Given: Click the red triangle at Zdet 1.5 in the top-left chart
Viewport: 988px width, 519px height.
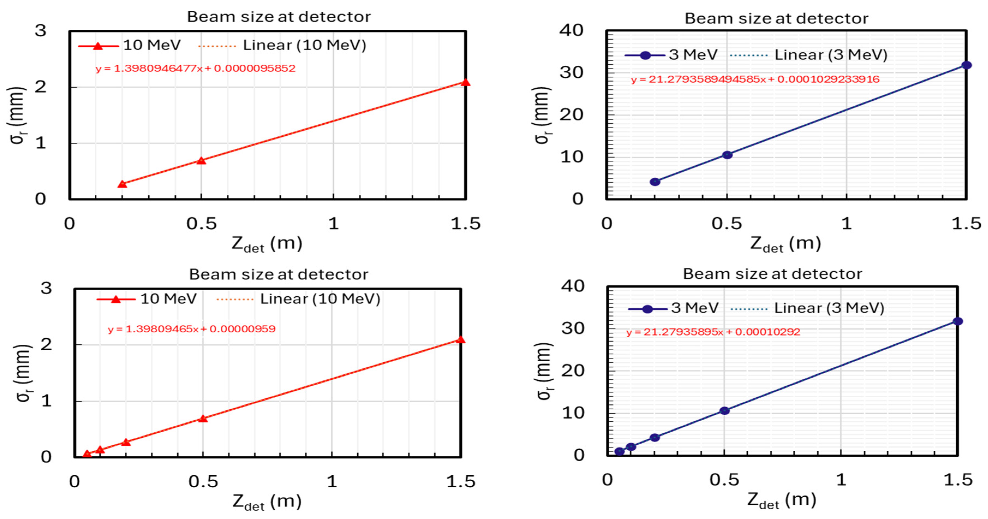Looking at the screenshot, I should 465,82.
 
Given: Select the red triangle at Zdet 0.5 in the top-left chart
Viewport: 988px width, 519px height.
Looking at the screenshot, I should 201,160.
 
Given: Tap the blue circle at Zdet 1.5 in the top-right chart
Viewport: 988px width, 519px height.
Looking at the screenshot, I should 966,65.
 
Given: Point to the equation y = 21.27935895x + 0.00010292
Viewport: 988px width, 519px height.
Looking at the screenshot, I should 713,332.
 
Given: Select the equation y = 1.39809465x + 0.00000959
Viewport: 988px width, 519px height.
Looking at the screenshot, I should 191,329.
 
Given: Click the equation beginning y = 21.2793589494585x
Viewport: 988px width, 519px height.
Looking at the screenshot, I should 755,79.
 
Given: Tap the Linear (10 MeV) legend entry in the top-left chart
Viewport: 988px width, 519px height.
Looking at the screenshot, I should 282,46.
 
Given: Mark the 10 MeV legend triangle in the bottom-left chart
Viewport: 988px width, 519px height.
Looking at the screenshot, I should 115,299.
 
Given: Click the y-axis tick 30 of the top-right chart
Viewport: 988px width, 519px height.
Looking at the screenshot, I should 571,73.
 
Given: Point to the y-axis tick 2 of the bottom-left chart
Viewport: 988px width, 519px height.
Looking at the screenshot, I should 46,344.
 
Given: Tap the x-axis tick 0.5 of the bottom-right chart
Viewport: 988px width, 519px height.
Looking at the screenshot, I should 724,480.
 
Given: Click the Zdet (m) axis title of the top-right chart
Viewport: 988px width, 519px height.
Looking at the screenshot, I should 785,244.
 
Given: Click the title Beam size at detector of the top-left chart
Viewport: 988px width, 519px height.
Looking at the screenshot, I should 279,17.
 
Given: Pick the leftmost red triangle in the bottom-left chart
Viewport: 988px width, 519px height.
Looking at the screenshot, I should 87,454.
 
